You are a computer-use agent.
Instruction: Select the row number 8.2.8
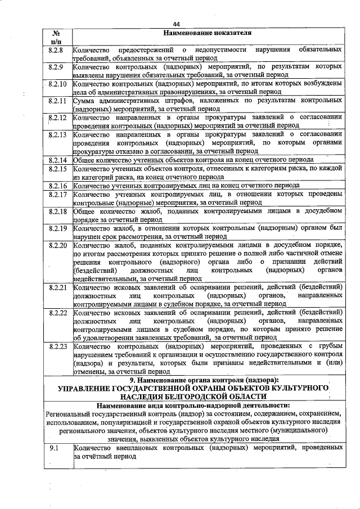(x=57, y=51)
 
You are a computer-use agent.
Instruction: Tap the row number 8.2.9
(x=57, y=68)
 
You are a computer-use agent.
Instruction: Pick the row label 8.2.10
(x=58, y=84)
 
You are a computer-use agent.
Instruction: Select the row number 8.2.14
(x=58, y=160)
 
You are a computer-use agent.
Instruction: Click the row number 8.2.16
(x=58, y=185)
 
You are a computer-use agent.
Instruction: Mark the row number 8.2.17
(x=58, y=194)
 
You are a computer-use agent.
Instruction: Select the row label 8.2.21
(x=58, y=287)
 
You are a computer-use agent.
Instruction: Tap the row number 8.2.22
(x=58, y=313)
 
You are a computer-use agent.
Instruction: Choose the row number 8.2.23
(x=58, y=346)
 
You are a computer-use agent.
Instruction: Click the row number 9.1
(x=55, y=448)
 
